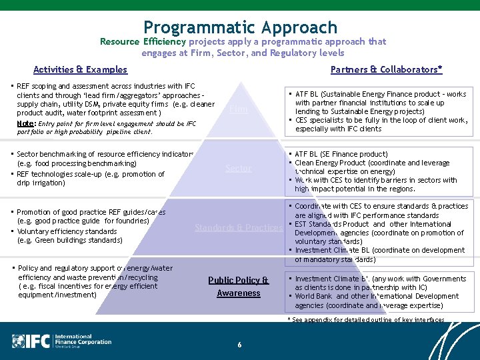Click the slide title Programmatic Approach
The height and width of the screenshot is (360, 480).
pyautogui.click(x=240, y=27)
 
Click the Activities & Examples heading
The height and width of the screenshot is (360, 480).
pyautogui.click(x=80, y=69)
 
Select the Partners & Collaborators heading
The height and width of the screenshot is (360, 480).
pyautogui.click(x=386, y=69)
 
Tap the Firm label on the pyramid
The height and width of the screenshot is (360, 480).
pyautogui.click(x=238, y=109)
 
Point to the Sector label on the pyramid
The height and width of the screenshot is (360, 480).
pyautogui.click(x=239, y=168)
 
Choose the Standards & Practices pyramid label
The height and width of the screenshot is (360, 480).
pyautogui.click(x=239, y=227)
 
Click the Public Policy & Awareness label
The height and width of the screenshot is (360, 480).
pyautogui.click(x=239, y=287)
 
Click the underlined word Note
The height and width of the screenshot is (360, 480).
pyautogui.click(x=26, y=123)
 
